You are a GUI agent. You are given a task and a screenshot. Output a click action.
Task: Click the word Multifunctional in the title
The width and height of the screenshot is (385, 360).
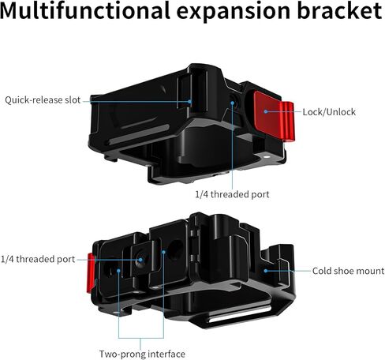click(x=85, y=10)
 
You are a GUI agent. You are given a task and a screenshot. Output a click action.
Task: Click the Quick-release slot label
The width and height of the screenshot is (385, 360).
click(x=43, y=100)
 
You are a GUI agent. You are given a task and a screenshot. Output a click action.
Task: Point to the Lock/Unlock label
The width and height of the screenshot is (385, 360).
click(x=329, y=112)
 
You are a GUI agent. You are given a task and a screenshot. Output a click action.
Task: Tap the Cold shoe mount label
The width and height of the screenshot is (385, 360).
click(x=348, y=271)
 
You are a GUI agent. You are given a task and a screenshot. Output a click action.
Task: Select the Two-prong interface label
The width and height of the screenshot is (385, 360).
click(x=142, y=354)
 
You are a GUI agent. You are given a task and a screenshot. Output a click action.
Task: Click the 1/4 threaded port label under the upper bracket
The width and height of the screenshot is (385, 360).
click(x=232, y=194)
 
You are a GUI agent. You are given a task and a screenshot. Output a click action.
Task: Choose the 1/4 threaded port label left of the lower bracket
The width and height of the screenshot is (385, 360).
click(x=38, y=259)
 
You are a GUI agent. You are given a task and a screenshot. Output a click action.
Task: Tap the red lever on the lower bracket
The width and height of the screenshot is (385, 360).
click(x=91, y=273)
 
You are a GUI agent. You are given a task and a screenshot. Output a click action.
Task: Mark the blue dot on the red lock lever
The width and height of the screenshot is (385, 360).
click(x=266, y=111)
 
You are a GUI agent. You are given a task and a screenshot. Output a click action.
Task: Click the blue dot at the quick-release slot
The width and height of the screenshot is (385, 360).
click(x=189, y=101)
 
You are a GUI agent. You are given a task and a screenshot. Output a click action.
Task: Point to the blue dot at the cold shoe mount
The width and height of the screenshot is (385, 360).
click(x=266, y=271)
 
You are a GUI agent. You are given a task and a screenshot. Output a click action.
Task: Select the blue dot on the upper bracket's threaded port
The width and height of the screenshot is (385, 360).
click(x=232, y=103)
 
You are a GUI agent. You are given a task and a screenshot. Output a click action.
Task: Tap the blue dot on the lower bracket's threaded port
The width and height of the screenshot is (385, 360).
click(x=140, y=260)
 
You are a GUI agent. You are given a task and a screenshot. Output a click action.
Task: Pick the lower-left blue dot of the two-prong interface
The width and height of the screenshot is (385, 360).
click(x=118, y=271)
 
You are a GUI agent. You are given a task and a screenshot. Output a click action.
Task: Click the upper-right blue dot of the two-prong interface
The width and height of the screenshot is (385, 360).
click(x=163, y=252)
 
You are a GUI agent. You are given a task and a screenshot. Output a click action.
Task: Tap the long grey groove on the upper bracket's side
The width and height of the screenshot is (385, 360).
click(x=138, y=134)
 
